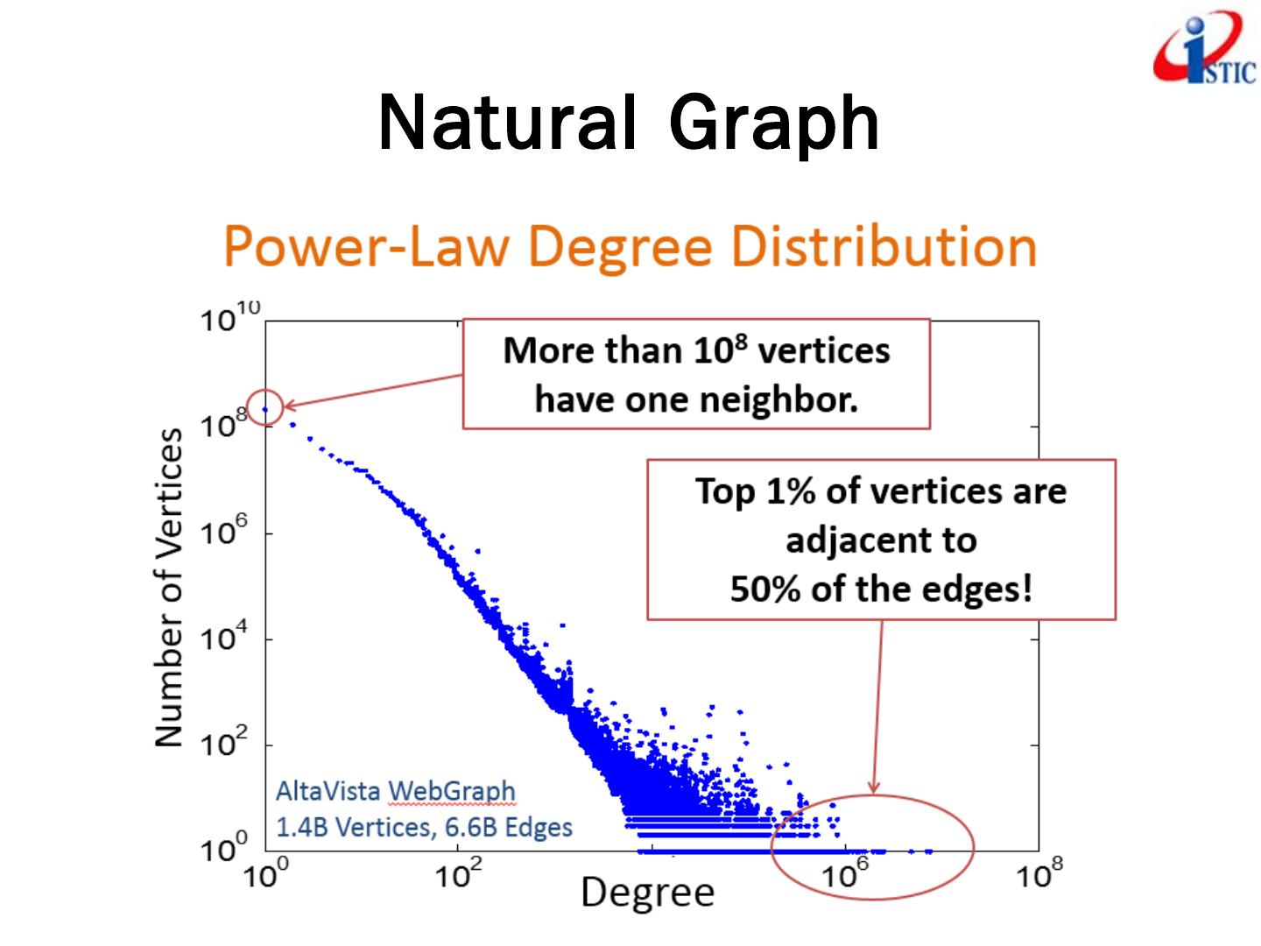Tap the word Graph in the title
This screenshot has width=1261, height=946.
tap(774, 124)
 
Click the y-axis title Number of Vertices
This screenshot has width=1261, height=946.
tap(170, 587)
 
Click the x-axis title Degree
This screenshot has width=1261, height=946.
tap(647, 893)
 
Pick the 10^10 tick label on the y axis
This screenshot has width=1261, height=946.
tap(230, 318)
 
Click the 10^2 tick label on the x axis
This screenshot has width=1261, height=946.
tap(457, 873)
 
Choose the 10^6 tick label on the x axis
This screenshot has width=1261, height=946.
tap(843, 873)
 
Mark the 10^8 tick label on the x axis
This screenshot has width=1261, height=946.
tap(1039, 873)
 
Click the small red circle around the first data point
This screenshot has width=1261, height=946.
tap(264, 407)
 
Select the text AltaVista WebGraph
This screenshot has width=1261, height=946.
tap(395, 791)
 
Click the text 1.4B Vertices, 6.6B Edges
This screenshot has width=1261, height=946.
tap(424, 827)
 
